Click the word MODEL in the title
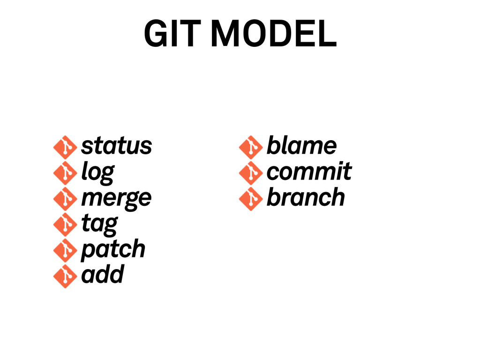pos(274,35)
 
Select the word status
pos(116,146)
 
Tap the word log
pos(97,172)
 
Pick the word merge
pos(116,198)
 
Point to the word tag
pos(99,224)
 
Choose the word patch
pos(113,249)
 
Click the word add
pos(102,274)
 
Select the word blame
pos(301,146)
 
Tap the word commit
pos(309,172)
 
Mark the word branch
pos(305,197)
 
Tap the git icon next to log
pos(65,173)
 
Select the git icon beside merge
pos(65,199)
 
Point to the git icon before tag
pos(65,225)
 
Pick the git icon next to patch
pos(65,250)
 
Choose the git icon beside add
pos(65,276)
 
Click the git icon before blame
pos(250,147)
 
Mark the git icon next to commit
pos(250,173)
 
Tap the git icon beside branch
pos(250,199)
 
